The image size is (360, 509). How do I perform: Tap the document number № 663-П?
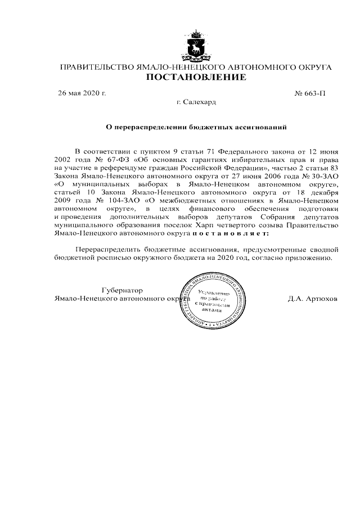click(x=310, y=93)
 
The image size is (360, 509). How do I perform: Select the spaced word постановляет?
click(x=230, y=232)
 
